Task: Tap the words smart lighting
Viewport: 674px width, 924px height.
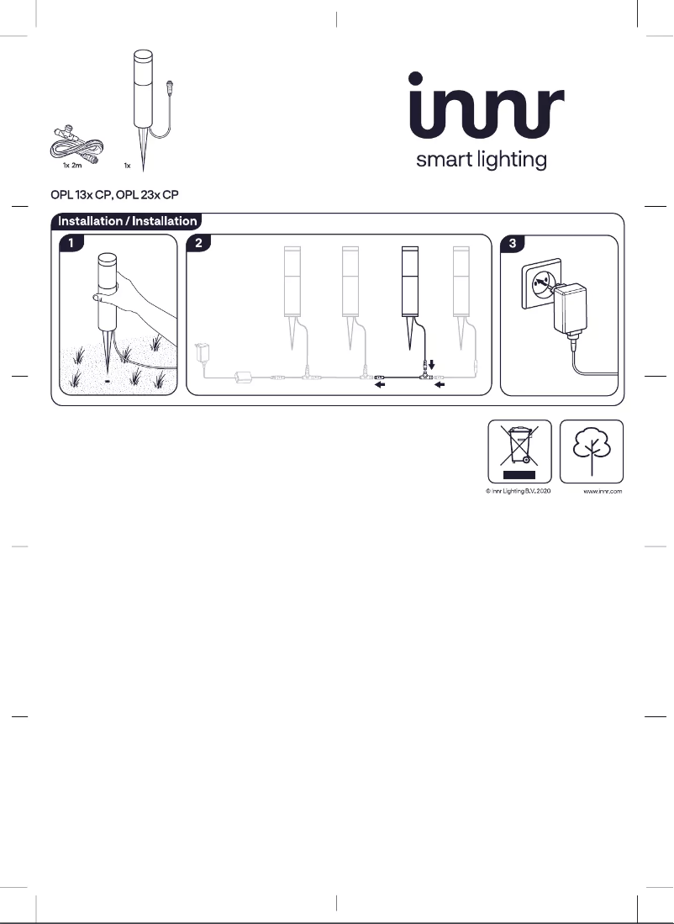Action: pos(482,160)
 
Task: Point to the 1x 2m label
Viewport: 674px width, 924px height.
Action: pos(72,166)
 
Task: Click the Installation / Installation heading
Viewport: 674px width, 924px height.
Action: pos(127,222)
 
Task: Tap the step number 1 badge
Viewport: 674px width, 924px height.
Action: pos(71,244)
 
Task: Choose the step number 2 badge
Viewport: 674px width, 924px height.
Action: pos(198,244)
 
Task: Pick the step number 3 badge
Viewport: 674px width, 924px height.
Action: pos(513,244)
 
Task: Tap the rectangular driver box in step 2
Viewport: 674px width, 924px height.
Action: pos(246,378)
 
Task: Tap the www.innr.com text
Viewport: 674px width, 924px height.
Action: pos(603,492)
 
